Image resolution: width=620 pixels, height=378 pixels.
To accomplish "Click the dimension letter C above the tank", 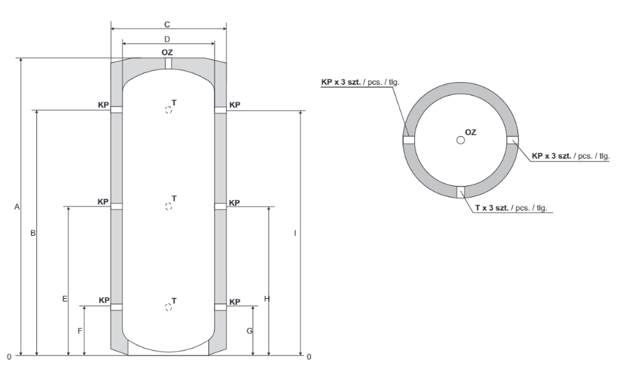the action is [167, 25].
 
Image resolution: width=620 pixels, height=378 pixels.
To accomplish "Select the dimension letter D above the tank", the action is [167, 39].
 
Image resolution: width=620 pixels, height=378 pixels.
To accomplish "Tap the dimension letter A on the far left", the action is [17, 207].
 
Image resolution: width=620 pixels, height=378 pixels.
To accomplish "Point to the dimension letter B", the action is [33, 233].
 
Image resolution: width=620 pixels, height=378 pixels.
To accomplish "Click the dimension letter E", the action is [65, 299].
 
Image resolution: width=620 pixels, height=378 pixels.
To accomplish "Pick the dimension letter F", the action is [80, 331].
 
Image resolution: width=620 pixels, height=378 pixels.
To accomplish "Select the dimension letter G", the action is [250, 331].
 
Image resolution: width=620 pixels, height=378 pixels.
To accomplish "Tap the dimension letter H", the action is [267, 299].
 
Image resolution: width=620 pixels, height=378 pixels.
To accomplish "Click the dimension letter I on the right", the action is [295, 233].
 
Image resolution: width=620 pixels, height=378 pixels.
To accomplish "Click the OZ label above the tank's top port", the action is [167, 52].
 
